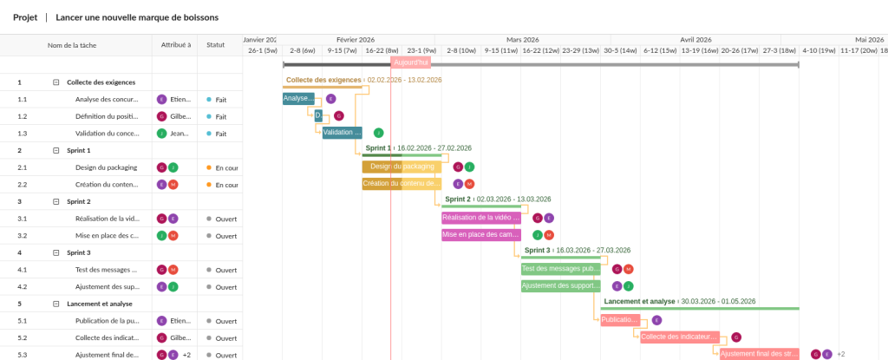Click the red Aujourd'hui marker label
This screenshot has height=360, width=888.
coord(411,62)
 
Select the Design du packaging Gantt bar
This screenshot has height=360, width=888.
coord(402,167)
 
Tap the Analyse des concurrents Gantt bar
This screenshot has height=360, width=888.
coord(298,99)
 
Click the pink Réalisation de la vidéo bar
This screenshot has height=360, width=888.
coord(482,218)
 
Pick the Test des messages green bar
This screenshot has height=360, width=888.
coord(560,269)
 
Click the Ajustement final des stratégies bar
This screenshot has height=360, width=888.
coord(759,354)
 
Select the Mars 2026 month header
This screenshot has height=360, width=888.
coord(523,39)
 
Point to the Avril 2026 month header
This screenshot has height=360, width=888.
coord(695,39)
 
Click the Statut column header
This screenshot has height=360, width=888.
coord(215,45)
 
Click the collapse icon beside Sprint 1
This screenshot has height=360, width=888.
coord(56,150)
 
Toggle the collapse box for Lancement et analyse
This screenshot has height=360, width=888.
coord(56,304)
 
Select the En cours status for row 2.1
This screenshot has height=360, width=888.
coord(225,167)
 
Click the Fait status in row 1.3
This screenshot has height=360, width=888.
coord(220,134)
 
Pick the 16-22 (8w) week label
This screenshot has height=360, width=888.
coord(382,50)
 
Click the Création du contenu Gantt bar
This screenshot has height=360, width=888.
coord(402,184)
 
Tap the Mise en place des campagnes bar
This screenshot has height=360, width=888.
coord(481,235)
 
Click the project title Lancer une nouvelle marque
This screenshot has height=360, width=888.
coord(137,17)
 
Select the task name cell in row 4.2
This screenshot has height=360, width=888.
coord(107,286)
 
